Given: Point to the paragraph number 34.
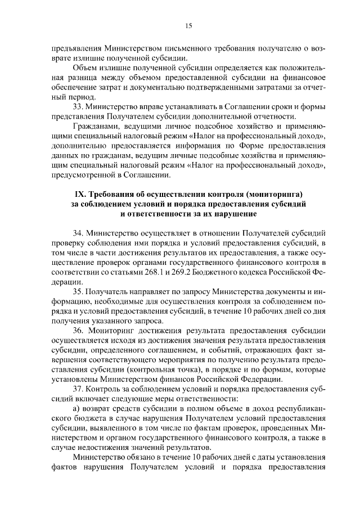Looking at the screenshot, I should (79, 233).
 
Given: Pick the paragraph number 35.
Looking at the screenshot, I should (79, 291).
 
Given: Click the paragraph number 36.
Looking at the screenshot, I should (79, 330).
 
